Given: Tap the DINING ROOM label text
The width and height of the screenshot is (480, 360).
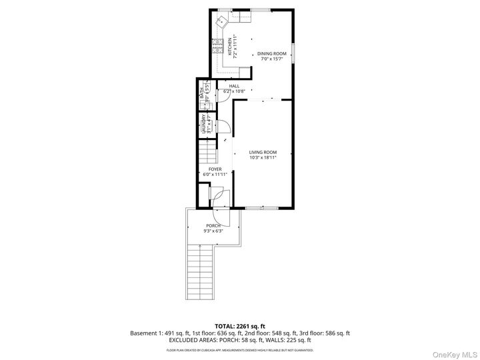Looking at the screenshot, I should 271,53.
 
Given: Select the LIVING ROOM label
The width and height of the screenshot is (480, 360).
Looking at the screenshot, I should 263,153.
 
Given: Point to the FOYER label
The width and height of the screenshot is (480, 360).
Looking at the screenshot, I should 215,169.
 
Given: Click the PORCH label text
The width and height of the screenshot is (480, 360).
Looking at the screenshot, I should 213,226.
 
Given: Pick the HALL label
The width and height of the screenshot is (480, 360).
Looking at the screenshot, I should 234,86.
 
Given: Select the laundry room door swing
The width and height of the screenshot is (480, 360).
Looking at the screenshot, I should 224,126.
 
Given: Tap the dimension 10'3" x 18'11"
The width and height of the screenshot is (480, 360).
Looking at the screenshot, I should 263,158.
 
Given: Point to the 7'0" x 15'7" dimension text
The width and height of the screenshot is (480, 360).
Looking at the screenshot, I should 271,59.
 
